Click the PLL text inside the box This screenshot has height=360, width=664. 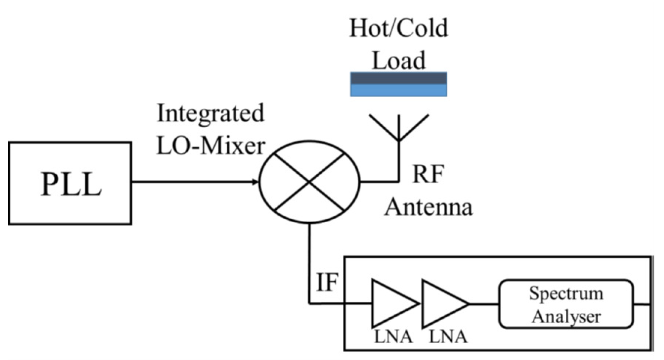point(70,184)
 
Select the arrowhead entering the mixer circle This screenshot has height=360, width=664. point(255,182)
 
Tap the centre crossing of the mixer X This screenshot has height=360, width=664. point(309,182)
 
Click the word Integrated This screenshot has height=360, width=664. point(210,113)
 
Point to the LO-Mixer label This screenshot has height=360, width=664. point(210,145)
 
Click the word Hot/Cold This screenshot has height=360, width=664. point(399,28)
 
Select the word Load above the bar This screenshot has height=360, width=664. point(399,60)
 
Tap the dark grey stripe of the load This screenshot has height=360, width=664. point(399,78)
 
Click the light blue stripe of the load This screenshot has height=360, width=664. point(399,90)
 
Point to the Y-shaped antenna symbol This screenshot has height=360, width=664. point(399,128)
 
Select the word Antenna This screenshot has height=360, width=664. point(428,207)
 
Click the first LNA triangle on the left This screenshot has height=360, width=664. point(391,304)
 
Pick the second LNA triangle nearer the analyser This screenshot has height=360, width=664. point(441,304)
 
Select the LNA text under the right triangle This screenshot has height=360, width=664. point(448,337)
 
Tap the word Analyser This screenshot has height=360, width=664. point(566,317)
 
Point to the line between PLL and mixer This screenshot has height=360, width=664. point(193,182)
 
